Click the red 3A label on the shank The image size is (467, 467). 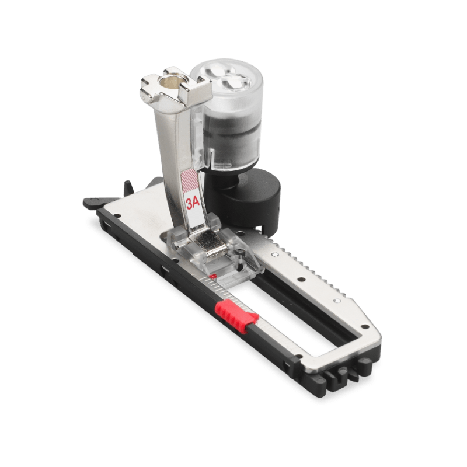click(x=193, y=203)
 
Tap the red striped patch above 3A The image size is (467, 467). click(x=190, y=182)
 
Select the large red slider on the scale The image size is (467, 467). click(x=237, y=317)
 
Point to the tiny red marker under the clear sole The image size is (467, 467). click(x=212, y=277)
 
